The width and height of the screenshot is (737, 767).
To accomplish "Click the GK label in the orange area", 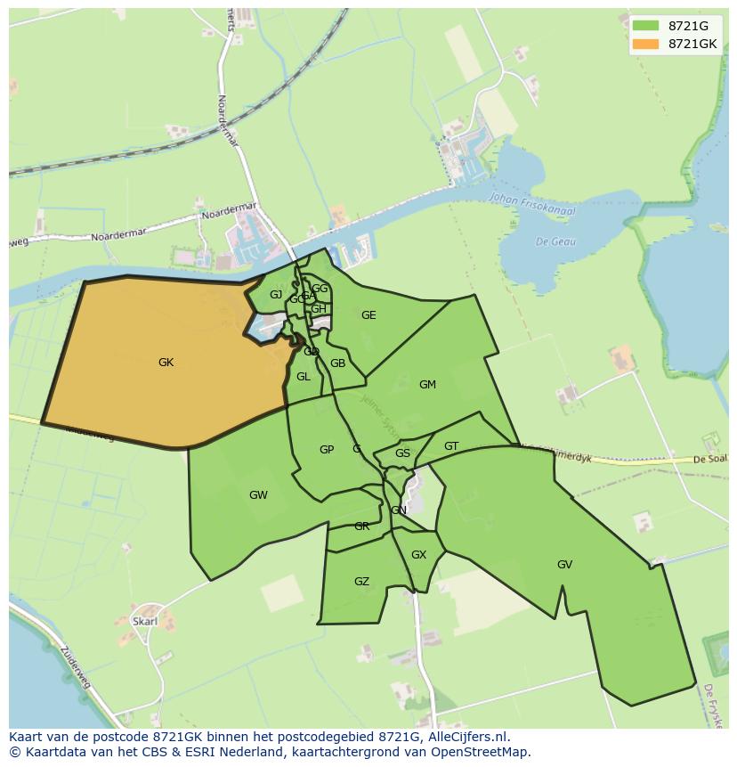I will tap(166, 363).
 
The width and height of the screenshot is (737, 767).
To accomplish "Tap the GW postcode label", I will tap(258, 495).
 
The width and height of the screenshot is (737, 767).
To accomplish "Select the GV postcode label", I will tap(564, 565).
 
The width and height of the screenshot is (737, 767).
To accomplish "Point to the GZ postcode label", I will tap(361, 582).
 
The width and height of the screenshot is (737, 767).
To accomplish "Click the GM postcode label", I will tap(427, 385).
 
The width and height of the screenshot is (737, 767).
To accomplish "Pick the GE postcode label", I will tap(368, 315).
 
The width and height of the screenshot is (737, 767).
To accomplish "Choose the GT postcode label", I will tap(451, 446).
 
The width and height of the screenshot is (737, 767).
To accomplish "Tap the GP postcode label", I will tap(327, 450).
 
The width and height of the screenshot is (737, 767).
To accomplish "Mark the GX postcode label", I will tap(418, 555).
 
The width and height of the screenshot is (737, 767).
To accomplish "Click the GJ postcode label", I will tap(276, 295).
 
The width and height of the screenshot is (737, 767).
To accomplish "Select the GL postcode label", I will tap(304, 377).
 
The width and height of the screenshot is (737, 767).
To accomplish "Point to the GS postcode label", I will tap(402, 453).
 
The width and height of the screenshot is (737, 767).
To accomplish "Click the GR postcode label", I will tap(361, 526).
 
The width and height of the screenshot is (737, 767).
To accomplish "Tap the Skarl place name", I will tap(144, 621).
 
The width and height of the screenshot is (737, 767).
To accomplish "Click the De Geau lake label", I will tap(556, 241).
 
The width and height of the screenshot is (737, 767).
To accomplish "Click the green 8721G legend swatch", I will tap(646, 26).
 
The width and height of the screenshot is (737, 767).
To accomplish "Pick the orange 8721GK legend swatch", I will tap(646, 44).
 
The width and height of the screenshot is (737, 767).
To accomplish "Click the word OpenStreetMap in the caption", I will tap(483, 752).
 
